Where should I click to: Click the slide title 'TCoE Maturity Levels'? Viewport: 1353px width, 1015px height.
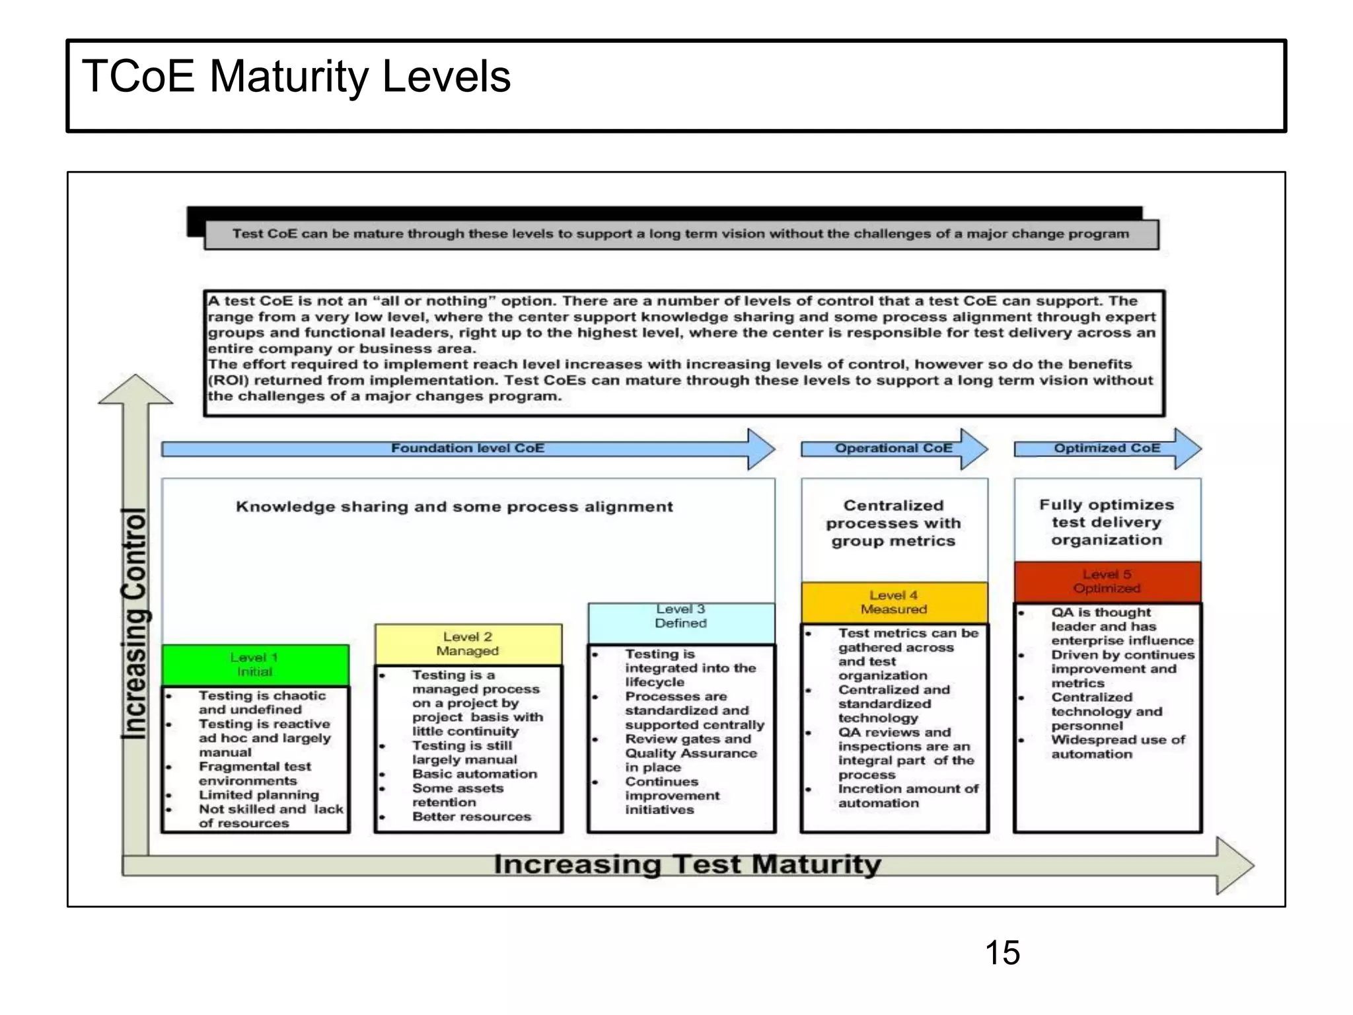coord(296,77)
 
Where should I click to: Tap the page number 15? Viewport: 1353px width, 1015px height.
coord(1002,953)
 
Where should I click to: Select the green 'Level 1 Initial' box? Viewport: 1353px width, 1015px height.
coord(255,665)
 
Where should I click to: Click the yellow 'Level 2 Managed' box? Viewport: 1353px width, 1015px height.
coord(468,644)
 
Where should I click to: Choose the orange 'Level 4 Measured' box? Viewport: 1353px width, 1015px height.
coord(894,602)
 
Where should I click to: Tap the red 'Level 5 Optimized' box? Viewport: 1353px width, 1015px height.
coord(1107,582)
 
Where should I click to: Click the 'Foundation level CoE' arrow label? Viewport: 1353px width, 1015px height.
coord(468,448)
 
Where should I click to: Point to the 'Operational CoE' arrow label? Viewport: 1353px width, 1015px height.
coord(893,448)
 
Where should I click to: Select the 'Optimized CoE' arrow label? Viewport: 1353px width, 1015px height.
coord(1107,448)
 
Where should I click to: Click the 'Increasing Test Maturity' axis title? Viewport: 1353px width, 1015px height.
coord(687,864)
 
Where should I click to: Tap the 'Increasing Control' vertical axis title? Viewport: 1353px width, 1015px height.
coord(135,622)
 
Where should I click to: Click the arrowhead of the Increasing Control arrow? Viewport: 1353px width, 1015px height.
coord(135,389)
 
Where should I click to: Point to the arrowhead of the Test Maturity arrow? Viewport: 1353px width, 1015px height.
coord(1234,865)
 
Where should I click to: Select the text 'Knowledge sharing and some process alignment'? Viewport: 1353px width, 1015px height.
coord(455,507)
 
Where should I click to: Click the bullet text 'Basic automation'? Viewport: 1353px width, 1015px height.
coord(474,774)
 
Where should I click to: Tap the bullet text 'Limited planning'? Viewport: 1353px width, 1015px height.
coord(259,795)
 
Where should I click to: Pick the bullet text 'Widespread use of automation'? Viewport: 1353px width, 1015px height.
coord(1117,747)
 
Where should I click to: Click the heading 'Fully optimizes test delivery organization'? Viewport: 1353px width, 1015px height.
coord(1107,522)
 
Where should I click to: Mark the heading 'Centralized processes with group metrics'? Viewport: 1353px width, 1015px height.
coord(893,523)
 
